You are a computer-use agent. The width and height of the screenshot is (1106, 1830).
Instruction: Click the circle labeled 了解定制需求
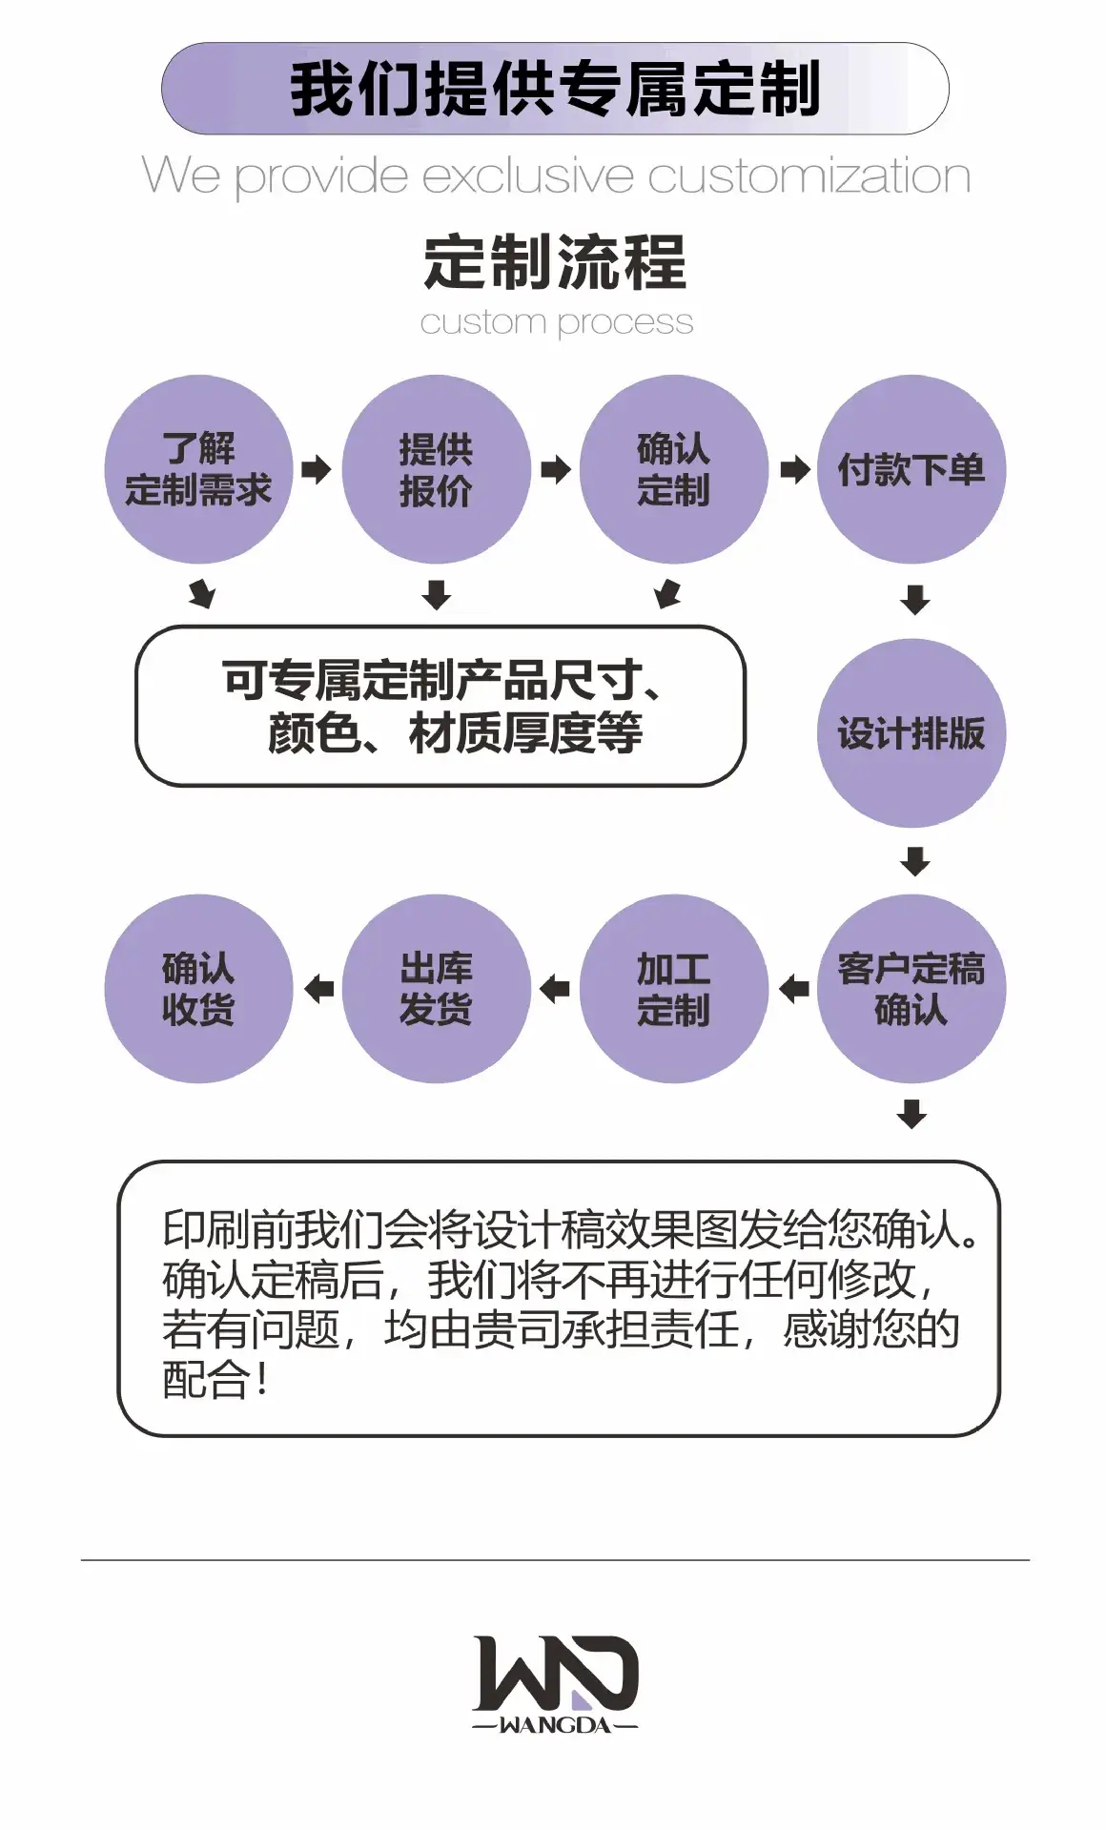coord(198,469)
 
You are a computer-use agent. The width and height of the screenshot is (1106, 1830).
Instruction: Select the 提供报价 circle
coord(436,469)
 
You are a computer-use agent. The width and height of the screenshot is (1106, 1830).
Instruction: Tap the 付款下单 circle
coord(911,469)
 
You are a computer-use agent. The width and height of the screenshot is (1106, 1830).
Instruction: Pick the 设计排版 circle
coord(911,733)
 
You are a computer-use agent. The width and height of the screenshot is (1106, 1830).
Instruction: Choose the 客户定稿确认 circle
coord(911,989)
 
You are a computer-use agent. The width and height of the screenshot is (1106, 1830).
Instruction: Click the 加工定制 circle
coord(673,989)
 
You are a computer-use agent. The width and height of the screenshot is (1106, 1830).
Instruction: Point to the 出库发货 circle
coord(436,989)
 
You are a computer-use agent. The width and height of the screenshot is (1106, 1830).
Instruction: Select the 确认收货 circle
coord(198,989)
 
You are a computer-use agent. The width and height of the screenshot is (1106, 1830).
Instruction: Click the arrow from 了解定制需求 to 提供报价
coord(317,469)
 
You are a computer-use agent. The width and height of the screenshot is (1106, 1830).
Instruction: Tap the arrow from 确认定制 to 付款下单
coord(795,469)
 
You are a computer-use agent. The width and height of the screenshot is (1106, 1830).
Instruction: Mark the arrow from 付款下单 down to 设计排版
coord(915,600)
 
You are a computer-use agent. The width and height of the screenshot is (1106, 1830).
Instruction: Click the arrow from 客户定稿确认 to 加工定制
coord(793,989)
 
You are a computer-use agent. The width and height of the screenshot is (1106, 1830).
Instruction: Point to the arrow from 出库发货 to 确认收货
coord(318,989)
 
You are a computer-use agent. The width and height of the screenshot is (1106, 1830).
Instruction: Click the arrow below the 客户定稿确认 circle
coord(912,1114)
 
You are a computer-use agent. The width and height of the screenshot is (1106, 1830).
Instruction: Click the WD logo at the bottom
coord(556,1675)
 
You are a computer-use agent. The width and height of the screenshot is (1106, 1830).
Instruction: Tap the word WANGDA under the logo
coord(555,1725)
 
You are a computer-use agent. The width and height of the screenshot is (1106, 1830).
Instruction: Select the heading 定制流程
coord(555,262)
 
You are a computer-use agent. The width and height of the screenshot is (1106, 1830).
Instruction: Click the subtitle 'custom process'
coord(557,323)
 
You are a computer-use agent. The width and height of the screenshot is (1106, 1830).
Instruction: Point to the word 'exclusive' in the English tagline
coord(527,176)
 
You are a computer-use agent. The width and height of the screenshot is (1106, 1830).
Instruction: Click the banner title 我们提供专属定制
coord(555,89)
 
